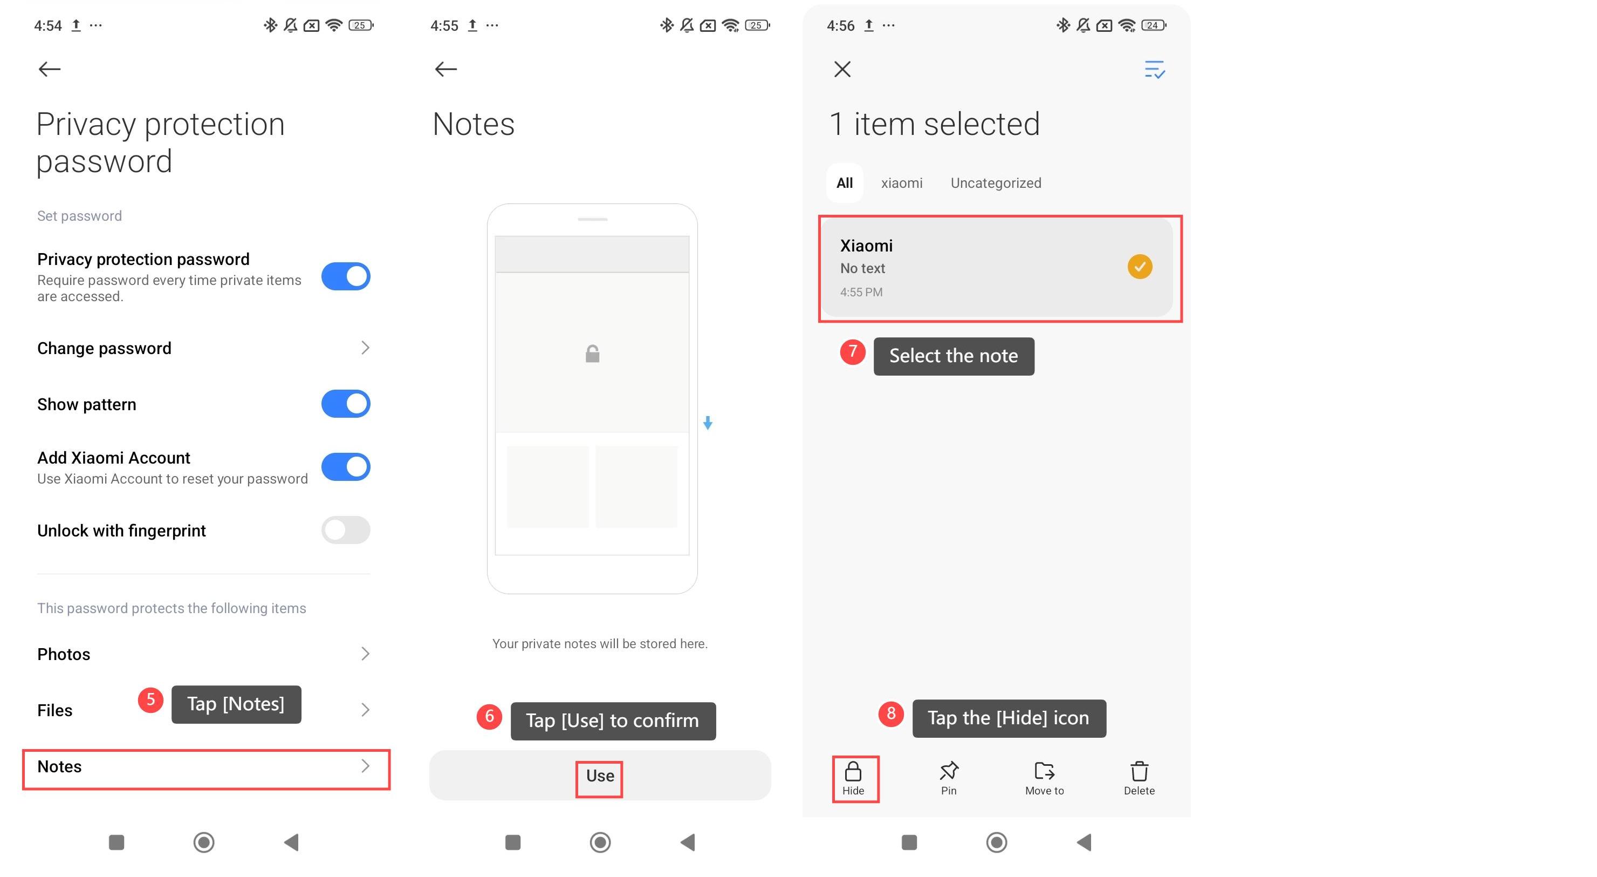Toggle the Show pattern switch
(x=345, y=404)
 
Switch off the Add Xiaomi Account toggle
(x=345, y=466)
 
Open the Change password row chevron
(x=365, y=348)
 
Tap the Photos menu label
(x=63, y=654)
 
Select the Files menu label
(x=54, y=710)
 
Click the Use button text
(x=600, y=776)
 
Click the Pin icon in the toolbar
(x=949, y=771)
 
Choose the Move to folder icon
(x=1044, y=770)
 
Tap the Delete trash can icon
(x=1139, y=771)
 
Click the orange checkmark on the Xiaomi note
(x=1140, y=267)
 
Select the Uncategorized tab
(x=996, y=183)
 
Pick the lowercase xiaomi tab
(x=901, y=183)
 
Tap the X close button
(x=842, y=69)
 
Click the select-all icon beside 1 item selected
(x=1154, y=70)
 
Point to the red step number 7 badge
(x=853, y=352)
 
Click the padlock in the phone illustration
(x=592, y=353)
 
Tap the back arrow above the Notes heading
(x=445, y=69)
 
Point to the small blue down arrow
(x=708, y=423)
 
